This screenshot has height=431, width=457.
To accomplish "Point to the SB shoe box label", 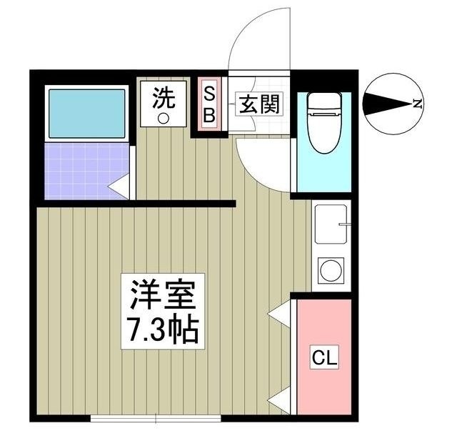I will (210, 104).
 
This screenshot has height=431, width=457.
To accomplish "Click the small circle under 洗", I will (163, 118).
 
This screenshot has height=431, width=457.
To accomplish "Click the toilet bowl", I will (325, 132).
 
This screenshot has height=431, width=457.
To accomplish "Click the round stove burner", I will (331, 270).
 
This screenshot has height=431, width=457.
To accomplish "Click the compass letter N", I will (417, 104).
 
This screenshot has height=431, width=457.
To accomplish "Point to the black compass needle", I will (386, 104).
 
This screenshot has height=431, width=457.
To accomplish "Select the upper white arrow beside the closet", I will (280, 311).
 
